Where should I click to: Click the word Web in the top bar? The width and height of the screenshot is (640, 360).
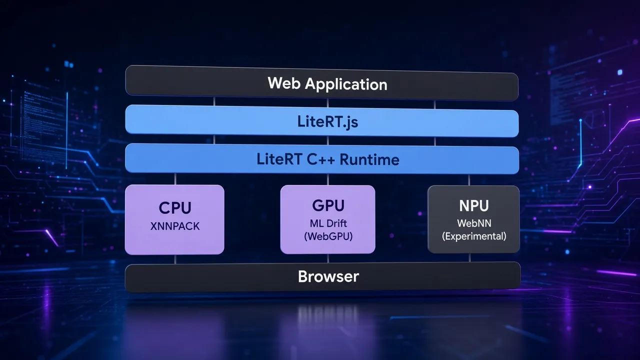(284, 83)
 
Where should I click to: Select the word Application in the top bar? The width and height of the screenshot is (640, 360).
(346, 85)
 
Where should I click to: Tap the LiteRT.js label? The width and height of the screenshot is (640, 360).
(327, 122)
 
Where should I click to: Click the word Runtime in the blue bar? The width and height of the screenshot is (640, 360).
(369, 159)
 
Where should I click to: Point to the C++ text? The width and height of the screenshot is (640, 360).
(321, 159)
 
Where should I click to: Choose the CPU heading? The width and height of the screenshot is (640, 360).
(175, 207)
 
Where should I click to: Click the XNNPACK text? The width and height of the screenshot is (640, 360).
(175, 226)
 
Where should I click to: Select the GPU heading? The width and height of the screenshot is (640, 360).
(328, 205)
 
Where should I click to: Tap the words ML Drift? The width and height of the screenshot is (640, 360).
(328, 223)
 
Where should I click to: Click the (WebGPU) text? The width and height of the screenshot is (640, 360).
(328, 236)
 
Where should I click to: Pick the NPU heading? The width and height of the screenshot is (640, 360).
(474, 205)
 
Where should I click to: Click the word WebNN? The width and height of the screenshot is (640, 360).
(474, 223)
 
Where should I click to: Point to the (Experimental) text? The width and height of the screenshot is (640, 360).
(474, 236)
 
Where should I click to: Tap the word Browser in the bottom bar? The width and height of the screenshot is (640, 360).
(328, 276)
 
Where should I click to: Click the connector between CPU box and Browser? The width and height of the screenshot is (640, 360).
(175, 259)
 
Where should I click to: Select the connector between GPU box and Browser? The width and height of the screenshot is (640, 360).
(328, 258)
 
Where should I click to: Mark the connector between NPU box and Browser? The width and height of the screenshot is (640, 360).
(469, 257)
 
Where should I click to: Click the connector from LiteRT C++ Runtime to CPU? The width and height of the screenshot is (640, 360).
(175, 178)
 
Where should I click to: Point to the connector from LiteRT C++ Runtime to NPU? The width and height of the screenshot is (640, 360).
(469, 180)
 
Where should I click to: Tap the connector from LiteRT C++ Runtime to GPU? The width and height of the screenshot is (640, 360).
(328, 179)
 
